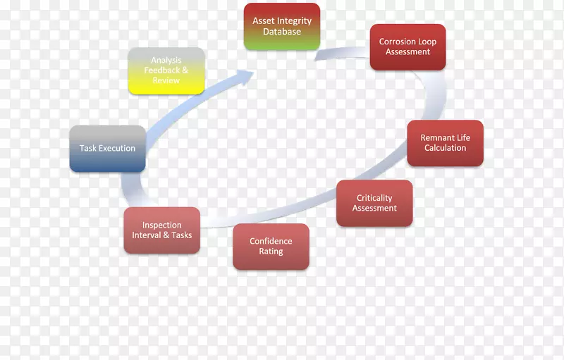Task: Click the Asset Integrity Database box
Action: click(282, 27)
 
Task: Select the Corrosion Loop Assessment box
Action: click(408, 47)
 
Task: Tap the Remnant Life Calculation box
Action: click(446, 143)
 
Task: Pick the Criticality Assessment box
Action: click(374, 203)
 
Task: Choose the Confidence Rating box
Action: click(271, 247)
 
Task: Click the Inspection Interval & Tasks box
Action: click(162, 230)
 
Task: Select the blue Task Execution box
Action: click(108, 149)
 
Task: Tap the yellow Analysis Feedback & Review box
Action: click(166, 70)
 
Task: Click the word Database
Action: click(282, 32)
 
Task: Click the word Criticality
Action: click(374, 198)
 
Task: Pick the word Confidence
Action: click(271, 241)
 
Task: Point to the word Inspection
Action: click(162, 225)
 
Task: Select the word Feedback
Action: click(161, 70)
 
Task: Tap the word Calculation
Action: click(446, 148)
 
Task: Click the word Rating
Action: click(271, 252)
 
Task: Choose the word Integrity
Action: click(294, 21)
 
